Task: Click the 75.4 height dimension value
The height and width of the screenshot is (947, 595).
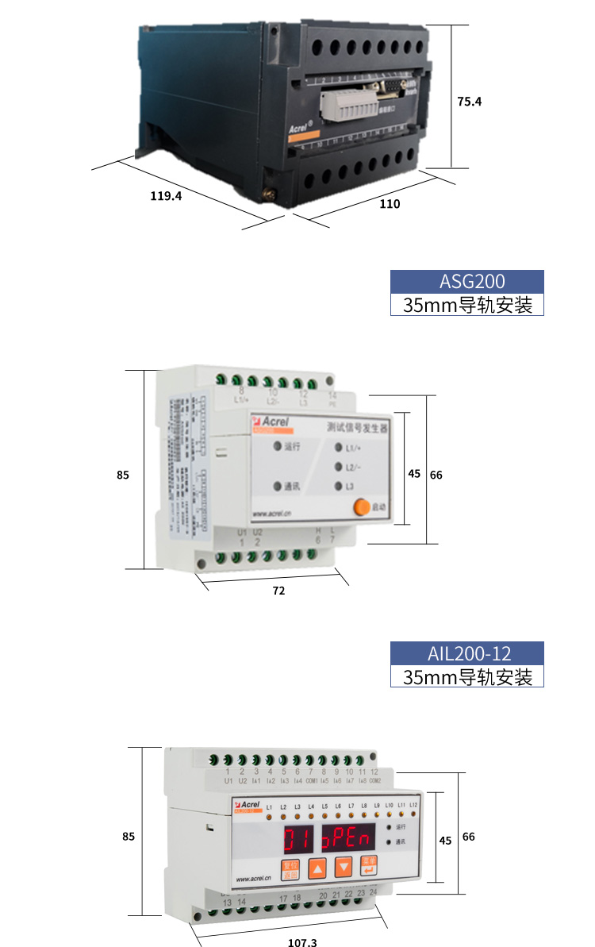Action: (470, 102)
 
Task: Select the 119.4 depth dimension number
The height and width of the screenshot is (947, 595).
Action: (166, 196)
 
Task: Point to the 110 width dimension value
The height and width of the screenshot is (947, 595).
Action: (390, 204)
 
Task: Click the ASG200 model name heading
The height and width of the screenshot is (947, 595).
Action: (467, 281)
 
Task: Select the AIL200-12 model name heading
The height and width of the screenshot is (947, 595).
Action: (467, 653)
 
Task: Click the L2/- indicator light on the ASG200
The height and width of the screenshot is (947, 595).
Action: (339, 467)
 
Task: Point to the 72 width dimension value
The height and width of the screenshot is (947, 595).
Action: (278, 591)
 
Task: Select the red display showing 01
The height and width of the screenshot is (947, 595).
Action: (299, 837)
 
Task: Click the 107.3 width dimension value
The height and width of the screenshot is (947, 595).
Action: (301, 942)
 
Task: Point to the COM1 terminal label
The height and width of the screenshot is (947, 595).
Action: (312, 781)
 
